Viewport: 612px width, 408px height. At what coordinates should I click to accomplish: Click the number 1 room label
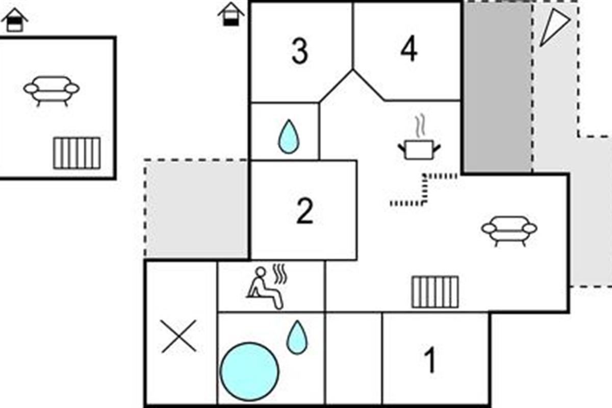430,360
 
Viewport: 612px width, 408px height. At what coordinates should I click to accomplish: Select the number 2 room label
304,211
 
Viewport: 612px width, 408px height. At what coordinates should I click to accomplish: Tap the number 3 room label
300,51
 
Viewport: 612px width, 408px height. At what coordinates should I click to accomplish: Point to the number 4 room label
409,48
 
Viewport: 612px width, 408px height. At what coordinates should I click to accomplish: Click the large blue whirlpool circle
249,372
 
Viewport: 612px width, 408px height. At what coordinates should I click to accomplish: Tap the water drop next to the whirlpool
297,338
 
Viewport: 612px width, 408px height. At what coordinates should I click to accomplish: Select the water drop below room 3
289,136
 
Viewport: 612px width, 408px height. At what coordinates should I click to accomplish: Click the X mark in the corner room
178,337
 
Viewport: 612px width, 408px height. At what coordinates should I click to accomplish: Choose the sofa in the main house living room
509,231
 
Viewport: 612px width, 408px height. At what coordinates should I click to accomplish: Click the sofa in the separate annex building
52,91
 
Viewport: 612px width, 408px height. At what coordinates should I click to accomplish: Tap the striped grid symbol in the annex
77,153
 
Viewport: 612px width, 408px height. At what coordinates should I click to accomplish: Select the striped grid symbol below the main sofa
435,292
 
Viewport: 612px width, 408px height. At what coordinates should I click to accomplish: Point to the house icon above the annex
14,20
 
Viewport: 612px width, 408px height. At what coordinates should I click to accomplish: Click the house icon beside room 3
231,14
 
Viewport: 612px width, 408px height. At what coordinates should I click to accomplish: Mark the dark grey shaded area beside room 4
498,87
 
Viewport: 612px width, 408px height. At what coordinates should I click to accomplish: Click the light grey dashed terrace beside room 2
197,209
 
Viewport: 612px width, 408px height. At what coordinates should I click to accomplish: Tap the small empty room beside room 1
354,358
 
